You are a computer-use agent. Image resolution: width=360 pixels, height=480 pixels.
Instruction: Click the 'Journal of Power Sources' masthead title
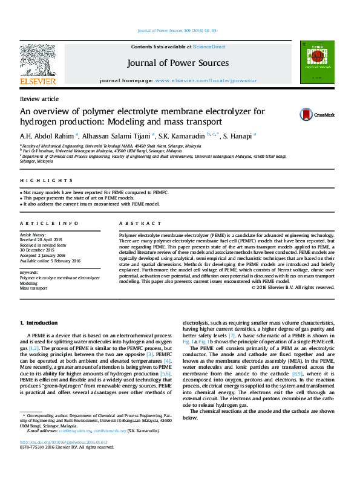(x=178, y=63)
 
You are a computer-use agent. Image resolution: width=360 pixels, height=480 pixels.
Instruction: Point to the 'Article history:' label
(x=34, y=234)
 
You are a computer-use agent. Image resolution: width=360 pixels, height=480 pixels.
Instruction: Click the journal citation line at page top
(x=177, y=30)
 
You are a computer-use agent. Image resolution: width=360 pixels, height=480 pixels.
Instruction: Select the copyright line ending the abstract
(x=292, y=287)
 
